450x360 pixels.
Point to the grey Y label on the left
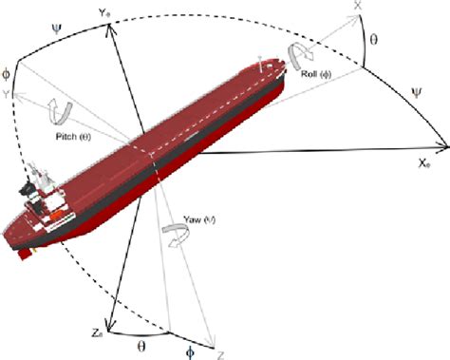tap(7, 94)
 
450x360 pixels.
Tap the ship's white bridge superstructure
tap(43, 195)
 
